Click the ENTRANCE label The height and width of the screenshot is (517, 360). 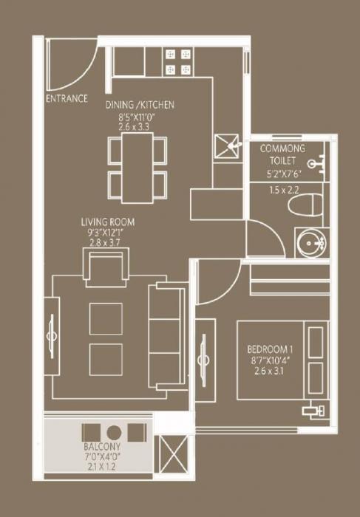(x=67, y=98)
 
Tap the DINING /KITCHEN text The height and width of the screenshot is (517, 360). (x=140, y=106)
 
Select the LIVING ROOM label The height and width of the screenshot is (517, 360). (x=108, y=221)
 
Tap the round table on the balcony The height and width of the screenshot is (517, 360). (x=112, y=432)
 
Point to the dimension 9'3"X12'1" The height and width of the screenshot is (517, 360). (x=108, y=231)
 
